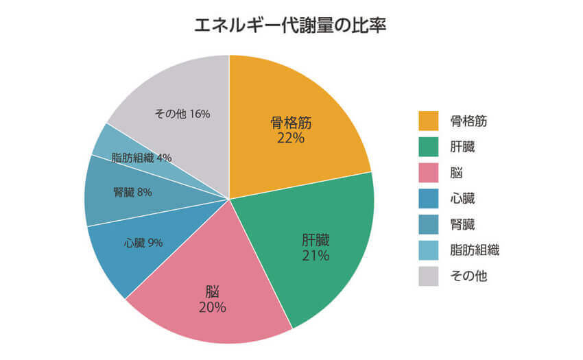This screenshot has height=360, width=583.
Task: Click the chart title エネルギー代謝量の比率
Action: (291, 27)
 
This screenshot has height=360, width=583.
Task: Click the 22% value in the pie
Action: (291, 138)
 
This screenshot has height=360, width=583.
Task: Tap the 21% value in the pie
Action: (316, 256)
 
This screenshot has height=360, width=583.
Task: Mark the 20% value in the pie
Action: (213, 307)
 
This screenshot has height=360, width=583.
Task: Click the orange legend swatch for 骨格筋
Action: (429, 121)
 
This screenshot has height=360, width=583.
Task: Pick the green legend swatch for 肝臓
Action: (429, 147)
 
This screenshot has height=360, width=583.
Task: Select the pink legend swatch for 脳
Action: (429, 173)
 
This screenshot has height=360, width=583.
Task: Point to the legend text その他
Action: (468, 276)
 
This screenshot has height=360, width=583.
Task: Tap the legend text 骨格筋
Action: (469, 121)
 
